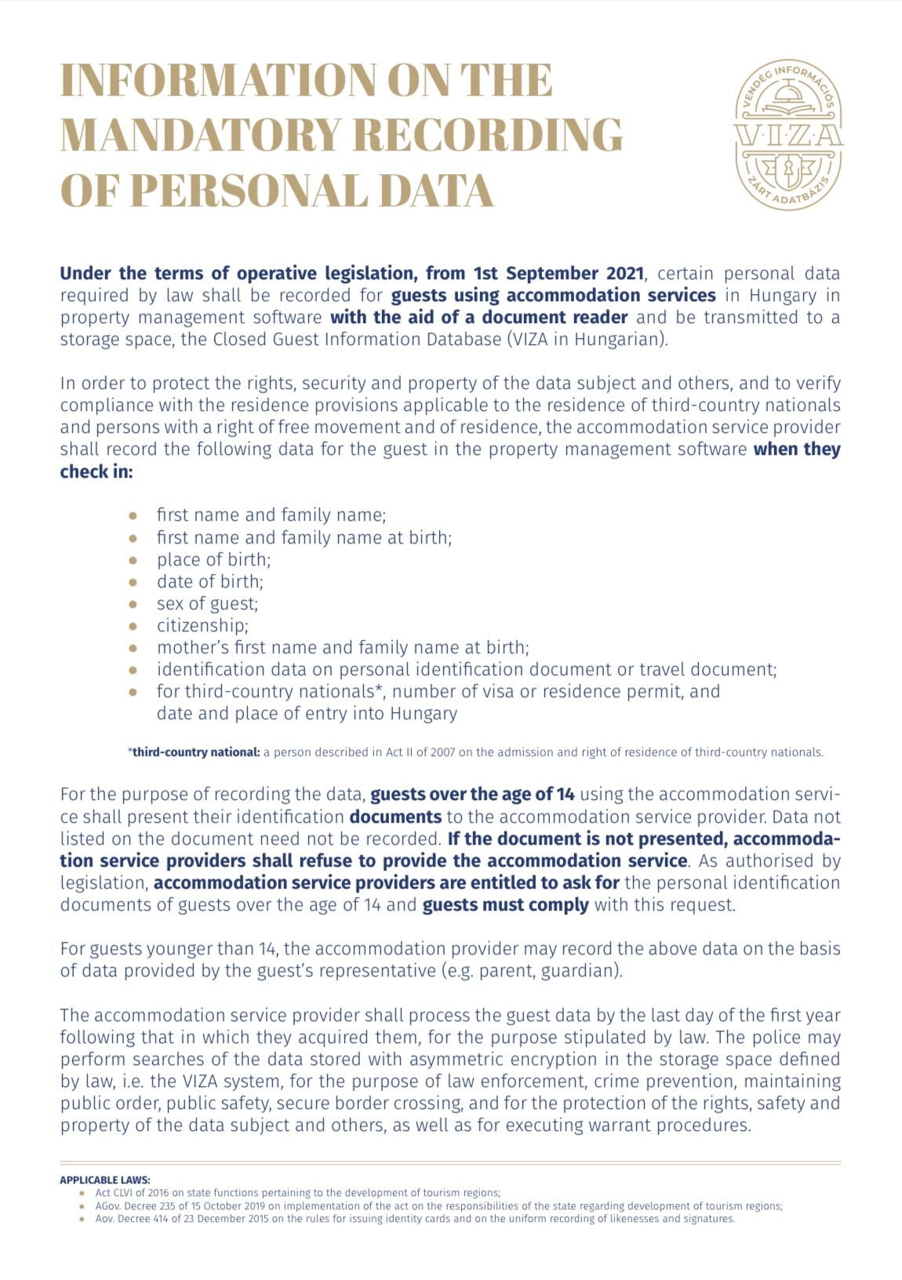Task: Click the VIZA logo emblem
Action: (x=788, y=136)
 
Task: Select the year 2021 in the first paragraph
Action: (x=624, y=274)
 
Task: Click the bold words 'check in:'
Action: (x=96, y=472)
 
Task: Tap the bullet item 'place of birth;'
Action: (x=213, y=560)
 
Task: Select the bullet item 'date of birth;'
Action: (x=209, y=582)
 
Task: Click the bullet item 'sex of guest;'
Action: (x=207, y=604)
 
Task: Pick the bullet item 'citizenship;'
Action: (x=202, y=626)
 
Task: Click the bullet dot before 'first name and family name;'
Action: (x=133, y=516)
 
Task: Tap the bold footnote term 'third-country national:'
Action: (x=196, y=752)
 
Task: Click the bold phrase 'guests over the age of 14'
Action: (x=472, y=795)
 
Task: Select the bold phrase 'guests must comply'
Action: (x=505, y=905)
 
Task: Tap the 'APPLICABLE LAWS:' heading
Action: (x=105, y=1180)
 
